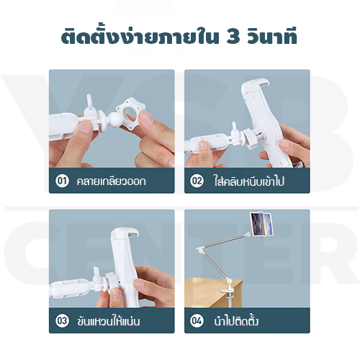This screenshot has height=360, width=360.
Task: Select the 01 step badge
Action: pos(63,181)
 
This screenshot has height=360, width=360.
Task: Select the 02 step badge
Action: pos(197,181)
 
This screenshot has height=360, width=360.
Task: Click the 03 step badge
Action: pos(63,320)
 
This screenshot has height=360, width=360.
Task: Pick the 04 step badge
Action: pos(197,320)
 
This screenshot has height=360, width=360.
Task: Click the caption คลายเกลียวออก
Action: pos(111,181)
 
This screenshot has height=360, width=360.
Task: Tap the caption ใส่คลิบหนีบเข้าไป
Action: pos(248,181)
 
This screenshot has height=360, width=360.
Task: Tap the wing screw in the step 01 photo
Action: pos(89,104)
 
